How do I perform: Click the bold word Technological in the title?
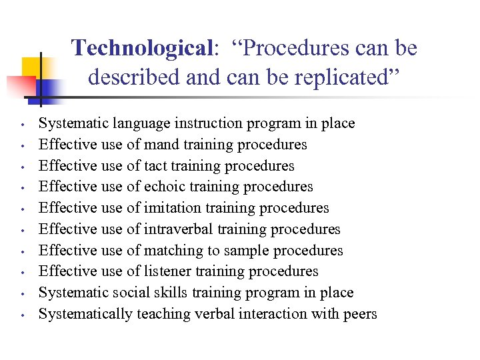pos(141,48)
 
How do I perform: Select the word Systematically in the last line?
pos(85,314)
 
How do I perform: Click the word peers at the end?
pos(359,314)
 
